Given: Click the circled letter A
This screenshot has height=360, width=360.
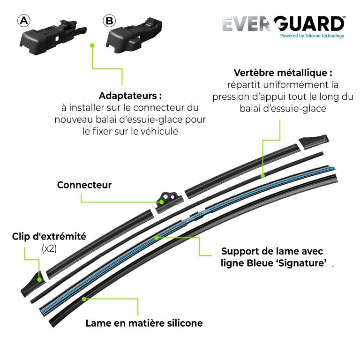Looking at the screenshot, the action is click(x=24, y=21).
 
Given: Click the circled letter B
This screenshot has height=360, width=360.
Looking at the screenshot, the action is click(x=109, y=21).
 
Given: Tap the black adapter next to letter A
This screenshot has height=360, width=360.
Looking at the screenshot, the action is click(x=53, y=37).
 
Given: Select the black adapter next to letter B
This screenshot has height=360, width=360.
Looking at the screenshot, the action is click(x=134, y=35).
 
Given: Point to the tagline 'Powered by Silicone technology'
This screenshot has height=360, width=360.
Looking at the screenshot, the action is click(x=312, y=36).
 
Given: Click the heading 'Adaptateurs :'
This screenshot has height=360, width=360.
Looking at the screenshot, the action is click(x=130, y=96).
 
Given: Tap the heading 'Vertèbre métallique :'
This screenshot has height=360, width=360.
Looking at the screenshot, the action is click(x=283, y=73).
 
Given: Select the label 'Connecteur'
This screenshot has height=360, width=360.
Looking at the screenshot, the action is click(x=84, y=185).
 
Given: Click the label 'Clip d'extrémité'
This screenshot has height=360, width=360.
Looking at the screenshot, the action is click(x=49, y=236).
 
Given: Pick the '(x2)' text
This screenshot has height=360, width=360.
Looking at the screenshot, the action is click(x=49, y=248).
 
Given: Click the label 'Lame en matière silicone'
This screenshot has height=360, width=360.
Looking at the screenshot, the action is click(x=144, y=323).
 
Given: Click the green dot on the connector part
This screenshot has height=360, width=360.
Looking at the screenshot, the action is click(x=162, y=202).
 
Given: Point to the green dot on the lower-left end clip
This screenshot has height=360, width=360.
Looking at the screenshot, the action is click(x=39, y=280).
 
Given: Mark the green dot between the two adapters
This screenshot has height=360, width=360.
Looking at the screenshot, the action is click(x=92, y=45).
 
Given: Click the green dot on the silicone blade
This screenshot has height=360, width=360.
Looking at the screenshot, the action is click(x=84, y=299).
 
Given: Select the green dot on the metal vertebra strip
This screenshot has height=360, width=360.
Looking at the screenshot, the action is click(x=263, y=176).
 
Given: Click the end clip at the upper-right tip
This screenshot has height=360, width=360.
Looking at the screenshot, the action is click(x=314, y=142).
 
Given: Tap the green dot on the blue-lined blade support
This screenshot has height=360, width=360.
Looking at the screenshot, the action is click(x=157, y=238).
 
